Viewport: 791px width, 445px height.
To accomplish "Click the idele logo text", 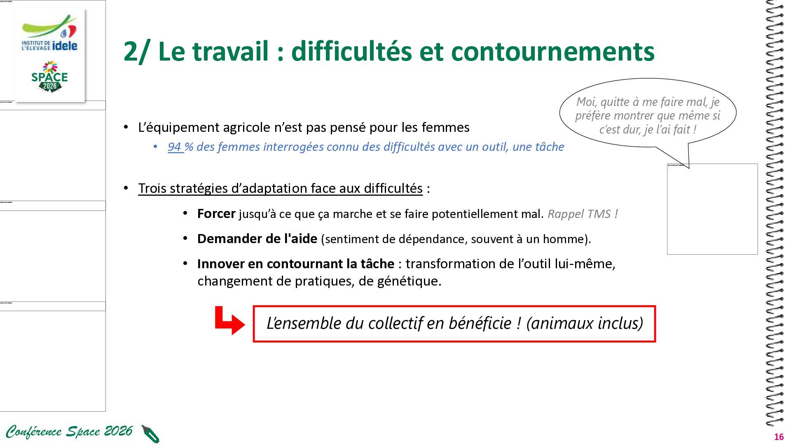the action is point(65,45).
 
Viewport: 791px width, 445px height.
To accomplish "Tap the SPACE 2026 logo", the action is point(49,77).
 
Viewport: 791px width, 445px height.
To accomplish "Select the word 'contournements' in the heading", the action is point(552,52).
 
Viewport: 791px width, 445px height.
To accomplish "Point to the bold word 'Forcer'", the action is point(216,213).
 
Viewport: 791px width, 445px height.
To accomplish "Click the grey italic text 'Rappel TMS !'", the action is point(583,214).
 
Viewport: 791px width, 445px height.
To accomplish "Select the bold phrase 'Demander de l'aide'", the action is point(257,239).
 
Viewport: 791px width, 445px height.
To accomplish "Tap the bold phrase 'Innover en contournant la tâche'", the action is point(296,264).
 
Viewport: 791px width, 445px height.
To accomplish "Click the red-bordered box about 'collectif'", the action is point(454,324).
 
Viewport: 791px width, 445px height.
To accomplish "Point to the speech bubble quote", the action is point(648,116).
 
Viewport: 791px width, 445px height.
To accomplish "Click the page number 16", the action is point(779,437).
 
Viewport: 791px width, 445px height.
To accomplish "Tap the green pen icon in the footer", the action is point(150,434).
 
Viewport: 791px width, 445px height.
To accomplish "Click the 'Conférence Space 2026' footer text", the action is point(69,431).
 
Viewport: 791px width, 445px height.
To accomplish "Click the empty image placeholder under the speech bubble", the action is point(712,209).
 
